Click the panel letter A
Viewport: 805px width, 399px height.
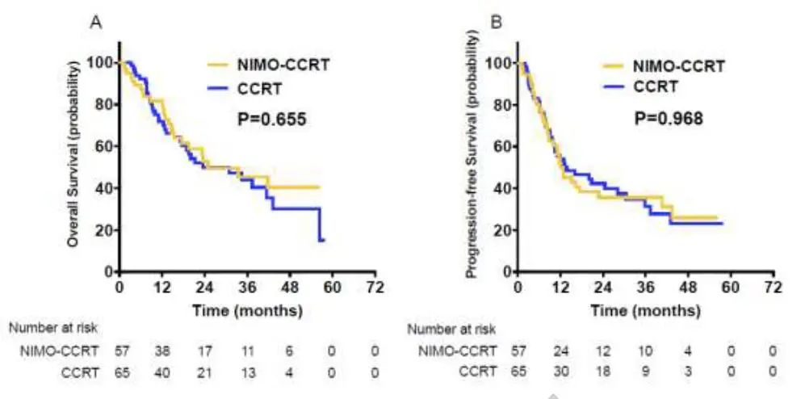(94, 24)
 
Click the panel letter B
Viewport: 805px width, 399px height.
(497, 24)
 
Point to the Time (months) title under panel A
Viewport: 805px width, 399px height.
(247, 309)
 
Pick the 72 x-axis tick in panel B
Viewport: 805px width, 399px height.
(773, 288)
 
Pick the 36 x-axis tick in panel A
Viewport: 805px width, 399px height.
(247, 288)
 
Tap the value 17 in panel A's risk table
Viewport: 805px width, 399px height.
(205, 351)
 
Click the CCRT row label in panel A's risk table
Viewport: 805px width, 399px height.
(76, 372)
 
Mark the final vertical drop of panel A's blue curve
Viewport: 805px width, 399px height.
(320, 224)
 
